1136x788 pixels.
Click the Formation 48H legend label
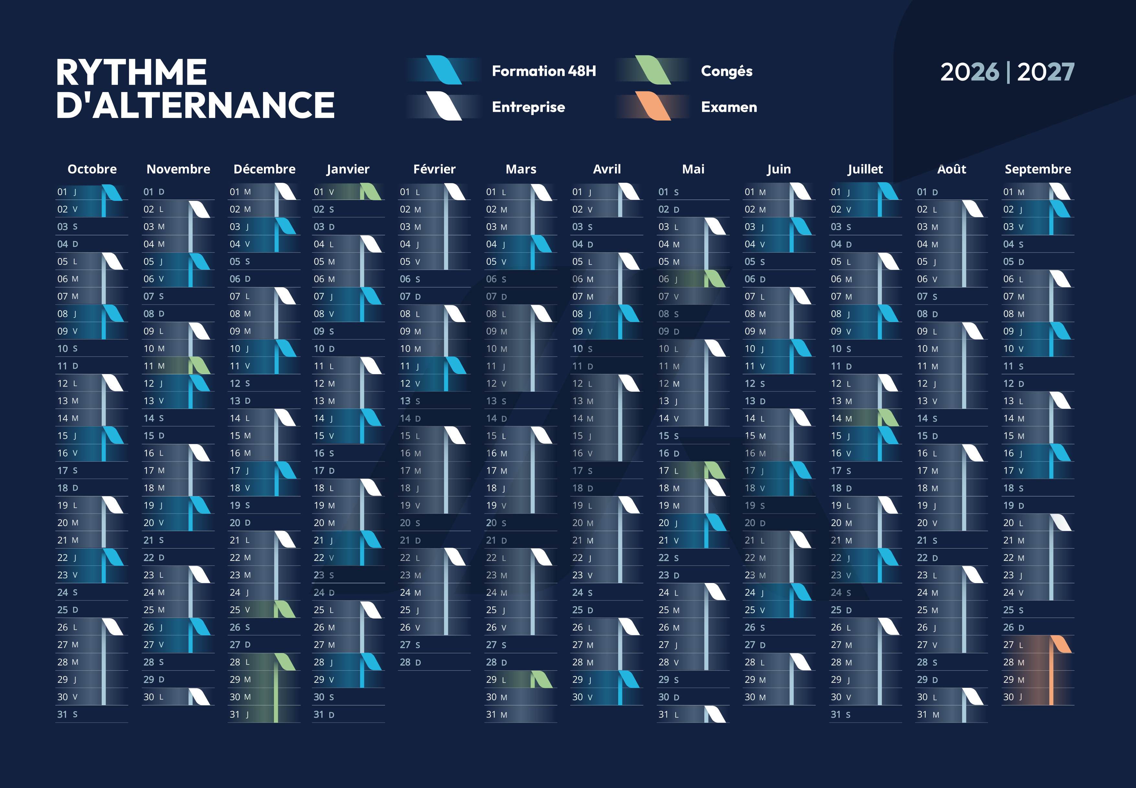click(x=544, y=71)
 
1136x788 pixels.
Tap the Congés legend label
click(x=726, y=71)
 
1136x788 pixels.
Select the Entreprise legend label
click(x=528, y=107)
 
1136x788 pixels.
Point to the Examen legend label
click(x=729, y=107)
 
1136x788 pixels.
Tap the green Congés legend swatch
click(x=653, y=70)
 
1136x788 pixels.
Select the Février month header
click(x=434, y=169)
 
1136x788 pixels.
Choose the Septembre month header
click(x=1038, y=169)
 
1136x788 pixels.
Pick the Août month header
click(x=951, y=169)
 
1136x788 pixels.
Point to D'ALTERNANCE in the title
click(x=195, y=105)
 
